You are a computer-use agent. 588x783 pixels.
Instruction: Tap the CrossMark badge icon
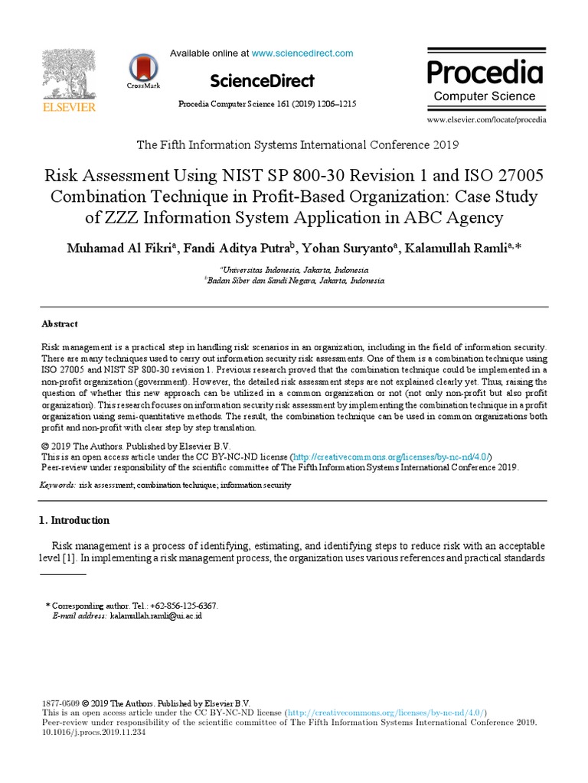(143, 68)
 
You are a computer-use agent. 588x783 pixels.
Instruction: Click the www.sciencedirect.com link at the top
(302, 54)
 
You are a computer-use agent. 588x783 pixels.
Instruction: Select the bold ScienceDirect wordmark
(261, 80)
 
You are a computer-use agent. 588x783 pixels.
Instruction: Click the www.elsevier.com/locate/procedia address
(486, 120)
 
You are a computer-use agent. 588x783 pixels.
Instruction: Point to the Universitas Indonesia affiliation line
(296, 270)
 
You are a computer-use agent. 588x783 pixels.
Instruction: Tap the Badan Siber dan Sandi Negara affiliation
(296, 281)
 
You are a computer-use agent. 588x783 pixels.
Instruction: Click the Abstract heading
(59, 324)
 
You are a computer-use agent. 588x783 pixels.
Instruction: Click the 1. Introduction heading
(74, 521)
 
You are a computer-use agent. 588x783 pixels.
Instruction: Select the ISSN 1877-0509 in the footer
(59, 703)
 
